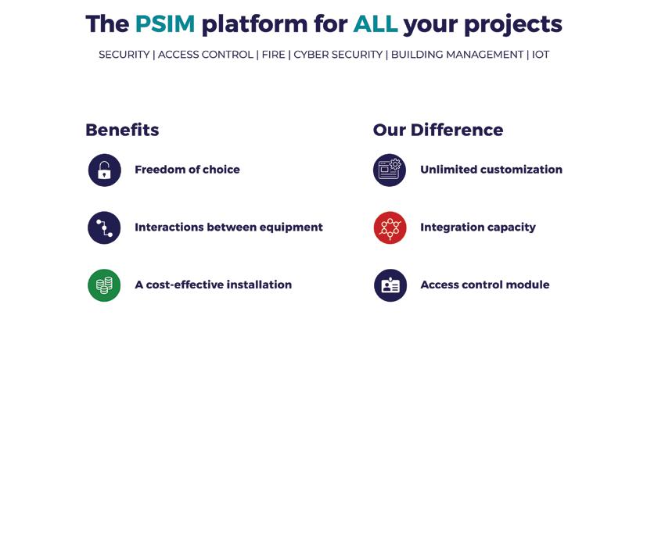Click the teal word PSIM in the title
pos(164,24)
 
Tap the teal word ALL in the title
pos(375,24)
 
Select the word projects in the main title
pos(512,25)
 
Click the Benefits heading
pos(122,130)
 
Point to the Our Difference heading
pos(438,130)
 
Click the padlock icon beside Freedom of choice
pos(105,170)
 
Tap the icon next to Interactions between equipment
pos(105,227)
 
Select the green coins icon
pos(105,285)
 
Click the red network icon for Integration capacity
pos(390,227)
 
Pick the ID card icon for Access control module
pos(390,285)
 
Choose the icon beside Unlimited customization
pos(390,170)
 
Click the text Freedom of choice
pos(187,170)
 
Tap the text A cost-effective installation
pos(213,285)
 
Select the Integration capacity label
pos(478,227)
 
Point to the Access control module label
pos(485,285)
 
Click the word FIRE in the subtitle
pos(273,55)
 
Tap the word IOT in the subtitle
pos(541,55)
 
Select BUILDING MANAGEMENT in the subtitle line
pos(457,55)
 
